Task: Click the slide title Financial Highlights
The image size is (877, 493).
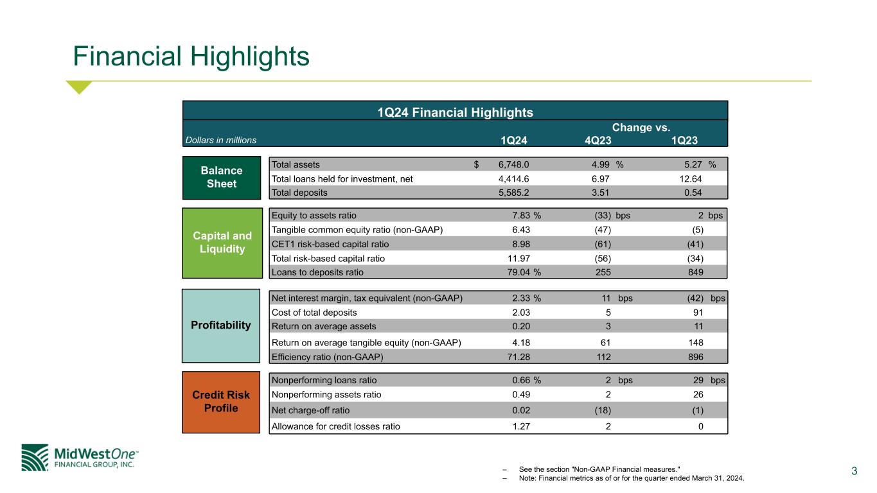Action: (x=191, y=56)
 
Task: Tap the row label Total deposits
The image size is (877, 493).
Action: (x=299, y=192)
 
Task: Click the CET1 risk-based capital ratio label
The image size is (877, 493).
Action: (x=330, y=244)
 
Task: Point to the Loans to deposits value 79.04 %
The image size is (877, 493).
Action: (x=524, y=272)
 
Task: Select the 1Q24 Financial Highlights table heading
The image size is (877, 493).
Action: (x=455, y=112)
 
